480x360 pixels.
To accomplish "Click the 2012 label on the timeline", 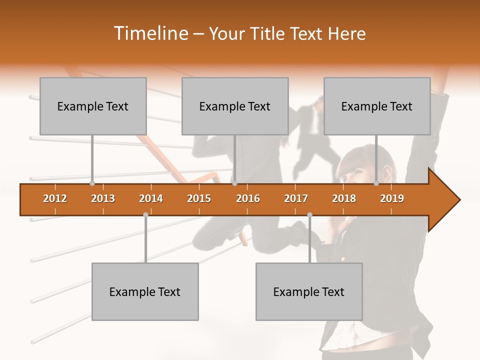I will pyautogui.click(x=55, y=198).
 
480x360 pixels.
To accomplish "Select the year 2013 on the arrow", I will pyautogui.click(x=103, y=198).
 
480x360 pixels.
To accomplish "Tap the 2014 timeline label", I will pyautogui.click(x=151, y=198).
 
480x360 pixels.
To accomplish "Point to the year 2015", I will pyautogui.click(x=199, y=198).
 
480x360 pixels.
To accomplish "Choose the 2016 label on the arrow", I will pyautogui.click(x=248, y=198).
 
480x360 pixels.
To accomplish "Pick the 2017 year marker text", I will pyautogui.click(x=296, y=198).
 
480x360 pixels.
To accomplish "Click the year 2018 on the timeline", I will pyautogui.click(x=344, y=198).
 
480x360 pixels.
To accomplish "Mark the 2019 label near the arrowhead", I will pyautogui.click(x=392, y=198).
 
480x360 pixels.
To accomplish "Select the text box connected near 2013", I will pyautogui.click(x=93, y=106).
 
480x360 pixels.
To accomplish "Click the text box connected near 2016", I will pyautogui.click(x=235, y=106).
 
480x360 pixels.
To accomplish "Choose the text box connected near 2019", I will pyautogui.click(x=377, y=106).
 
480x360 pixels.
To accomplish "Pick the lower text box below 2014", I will pyautogui.click(x=145, y=291).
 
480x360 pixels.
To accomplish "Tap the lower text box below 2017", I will pyautogui.click(x=309, y=291).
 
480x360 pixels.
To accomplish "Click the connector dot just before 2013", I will pyautogui.click(x=92, y=183).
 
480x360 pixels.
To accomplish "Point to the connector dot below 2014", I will pyautogui.click(x=145, y=214).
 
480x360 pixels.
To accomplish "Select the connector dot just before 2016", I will pyautogui.click(x=234, y=183).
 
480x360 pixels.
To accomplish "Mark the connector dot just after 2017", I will pyautogui.click(x=309, y=214).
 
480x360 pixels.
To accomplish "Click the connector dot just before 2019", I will pyautogui.click(x=376, y=183).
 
